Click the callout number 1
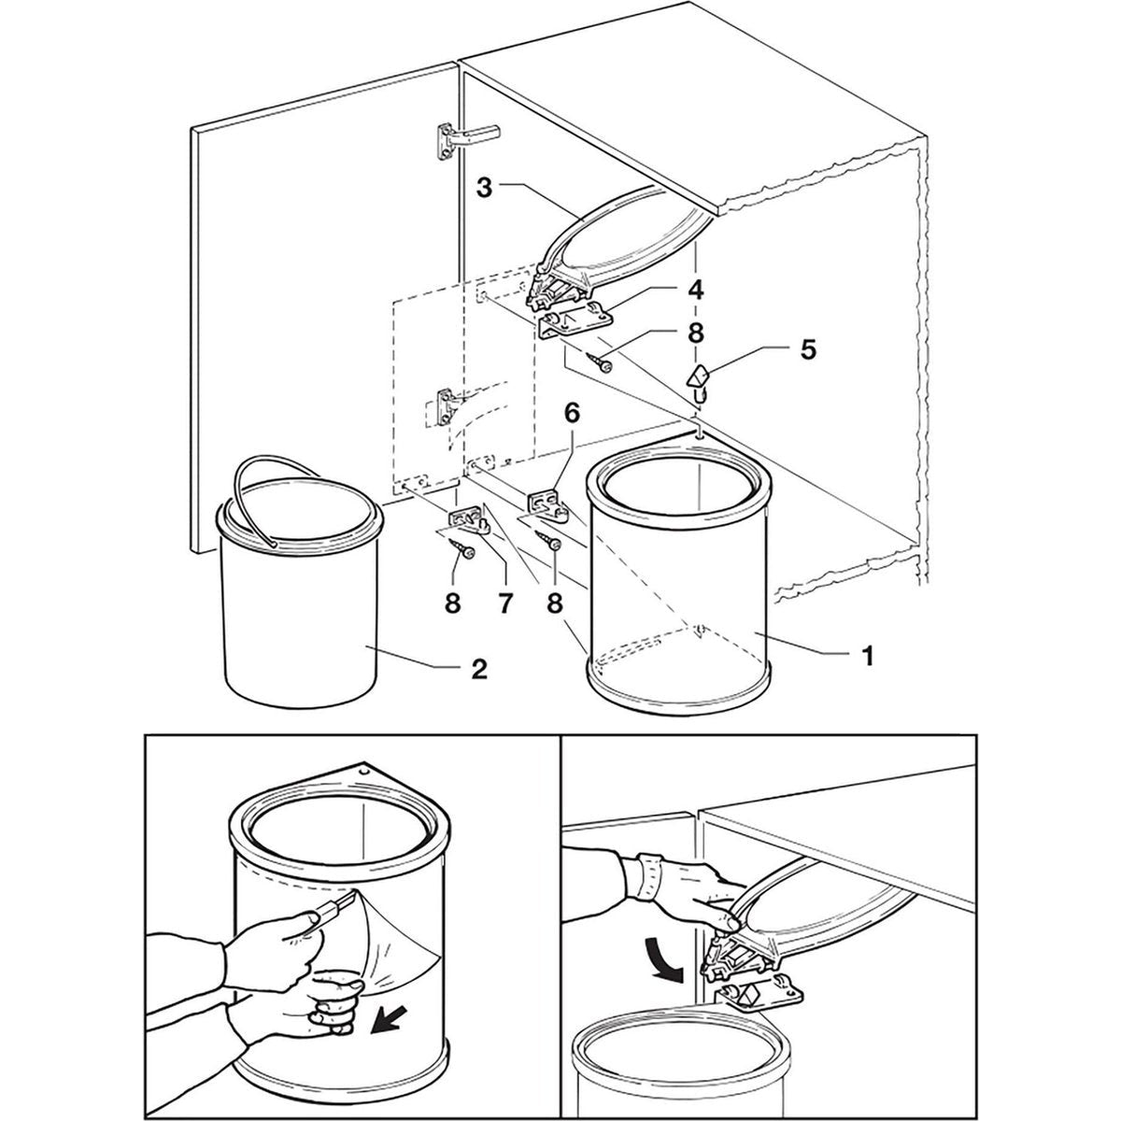click(x=867, y=657)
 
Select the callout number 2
click(x=478, y=670)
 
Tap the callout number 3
click(x=485, y=189)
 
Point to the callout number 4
click(x=696, y=290)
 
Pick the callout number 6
click(x=572, y=414)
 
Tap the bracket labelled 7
click(x=469, y=517)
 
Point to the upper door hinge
click(x=464, y=138)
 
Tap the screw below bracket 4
click(x=600, y=362)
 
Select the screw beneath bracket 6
click(x=548, y=541)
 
